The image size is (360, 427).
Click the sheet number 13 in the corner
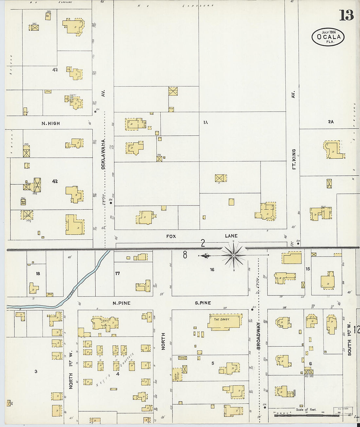point(346,15)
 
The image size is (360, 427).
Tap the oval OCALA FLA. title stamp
point(328,37)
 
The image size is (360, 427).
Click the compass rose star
point(234,255)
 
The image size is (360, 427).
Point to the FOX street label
point(171,236)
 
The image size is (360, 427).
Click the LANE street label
point(231,236)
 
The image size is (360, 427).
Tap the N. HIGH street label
point(51,123)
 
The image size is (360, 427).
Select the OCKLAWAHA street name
point(103,154)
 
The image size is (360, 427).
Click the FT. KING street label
point(294,159)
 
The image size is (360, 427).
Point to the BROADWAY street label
point(258,336)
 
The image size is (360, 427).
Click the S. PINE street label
point(203,303)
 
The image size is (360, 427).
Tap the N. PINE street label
point(121,303)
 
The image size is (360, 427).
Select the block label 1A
point(205,122)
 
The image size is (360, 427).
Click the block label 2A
point(331,122)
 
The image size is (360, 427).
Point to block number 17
point(117,273)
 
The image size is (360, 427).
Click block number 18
point(38,273)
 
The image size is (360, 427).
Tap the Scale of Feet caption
point(306,409)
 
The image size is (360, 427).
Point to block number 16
point(212,270)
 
